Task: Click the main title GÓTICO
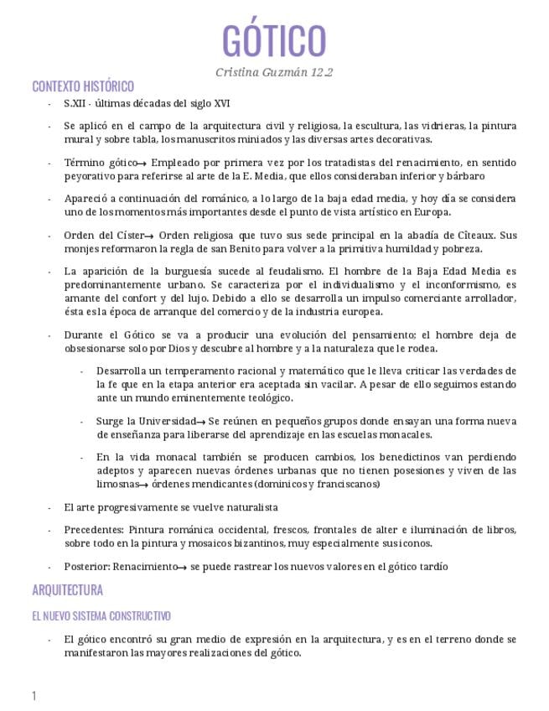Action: (x=274, y=40)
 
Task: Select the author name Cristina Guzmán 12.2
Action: (x=274, y=72)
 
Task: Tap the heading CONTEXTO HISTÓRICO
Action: (x=83, y=86)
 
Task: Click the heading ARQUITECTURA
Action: (x=67, y=589)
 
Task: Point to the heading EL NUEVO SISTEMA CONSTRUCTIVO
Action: (x=101, y=615)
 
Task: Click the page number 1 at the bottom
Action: (x=34, y=695)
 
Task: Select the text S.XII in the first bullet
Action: (x=76, y=103)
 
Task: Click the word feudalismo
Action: (x=296, y=271)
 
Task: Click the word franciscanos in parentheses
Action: (x=344, y=485)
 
